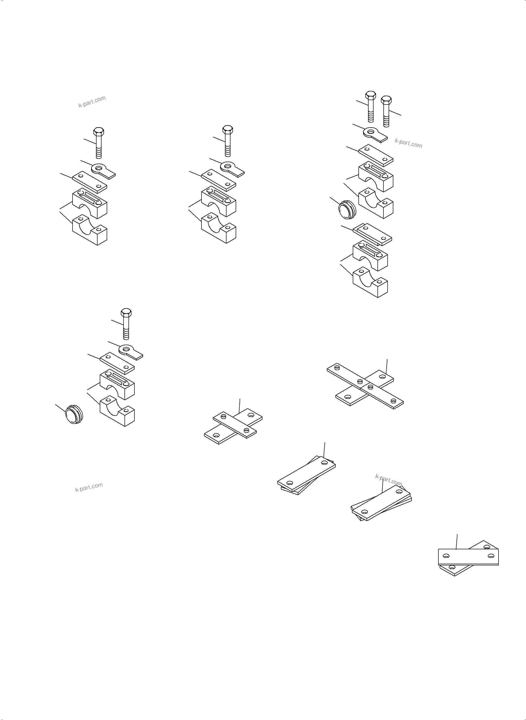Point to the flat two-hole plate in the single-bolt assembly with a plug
coord(117,363)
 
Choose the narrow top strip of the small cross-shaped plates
coord(234,425)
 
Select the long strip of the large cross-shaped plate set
coord(365,386)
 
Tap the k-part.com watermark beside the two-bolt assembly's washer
coord(408,143)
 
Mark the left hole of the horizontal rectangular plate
coord(446,556)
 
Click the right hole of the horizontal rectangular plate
coord(491,556)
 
